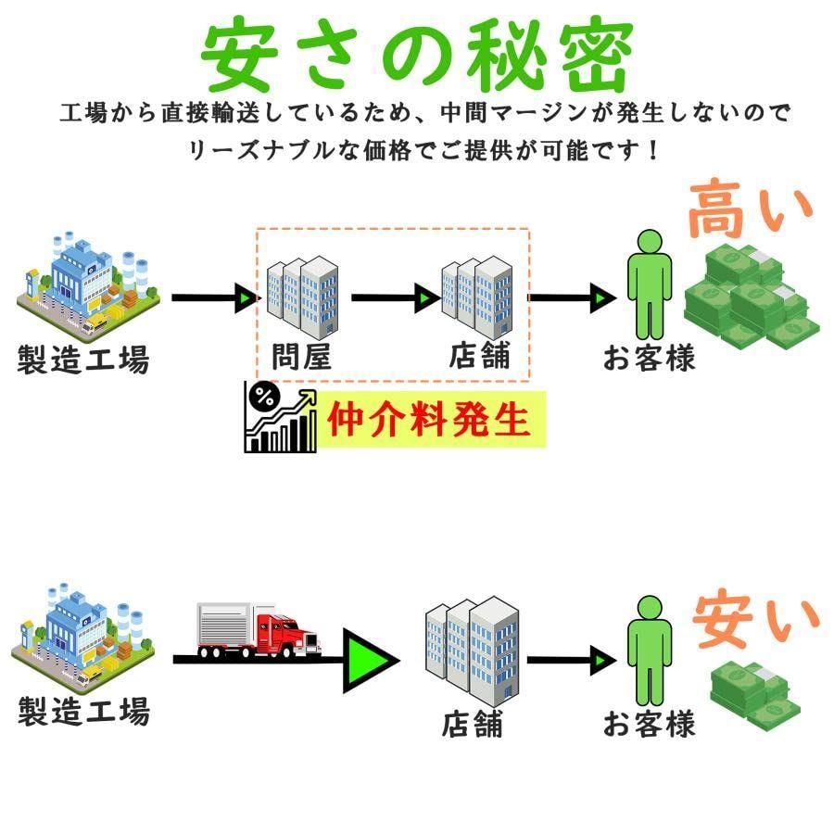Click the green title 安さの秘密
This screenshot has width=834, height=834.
click(417, 55)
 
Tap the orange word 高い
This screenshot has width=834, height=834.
click(751, 208)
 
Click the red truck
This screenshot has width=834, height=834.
click(259, 631)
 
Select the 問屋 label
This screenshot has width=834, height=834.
click(301, 357)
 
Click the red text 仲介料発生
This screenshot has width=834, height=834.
click(429, 419)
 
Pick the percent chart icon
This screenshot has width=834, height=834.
click(280, 416)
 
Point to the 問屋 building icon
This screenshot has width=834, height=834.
click(302, 297)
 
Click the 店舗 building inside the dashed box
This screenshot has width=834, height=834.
click(477, 297)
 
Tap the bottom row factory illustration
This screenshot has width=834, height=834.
click(83, 635)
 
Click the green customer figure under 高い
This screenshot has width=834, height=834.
click(650, 284)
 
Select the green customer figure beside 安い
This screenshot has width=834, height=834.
click(650, 651)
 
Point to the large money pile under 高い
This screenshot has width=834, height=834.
click(752, 296)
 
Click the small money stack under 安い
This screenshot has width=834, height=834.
click(755, 696)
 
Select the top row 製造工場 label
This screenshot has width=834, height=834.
click(83, 359)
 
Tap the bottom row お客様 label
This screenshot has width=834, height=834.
click(649, 724)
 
